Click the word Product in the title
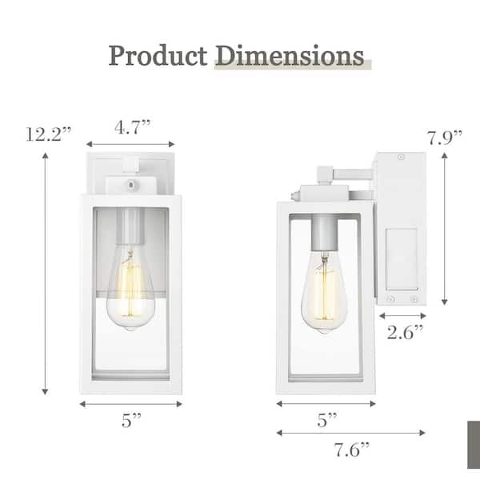tap(158, 56)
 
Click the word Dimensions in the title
tap(290, 56)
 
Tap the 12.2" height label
tap(48, 134)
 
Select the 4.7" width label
tap(133, 127)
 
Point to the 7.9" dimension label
tap(445, 138)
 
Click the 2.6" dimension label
tap(405, 333)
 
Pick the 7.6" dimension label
tap(351, 450)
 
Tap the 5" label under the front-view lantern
tap(131, 420)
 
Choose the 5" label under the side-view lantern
tap(326, 420)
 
